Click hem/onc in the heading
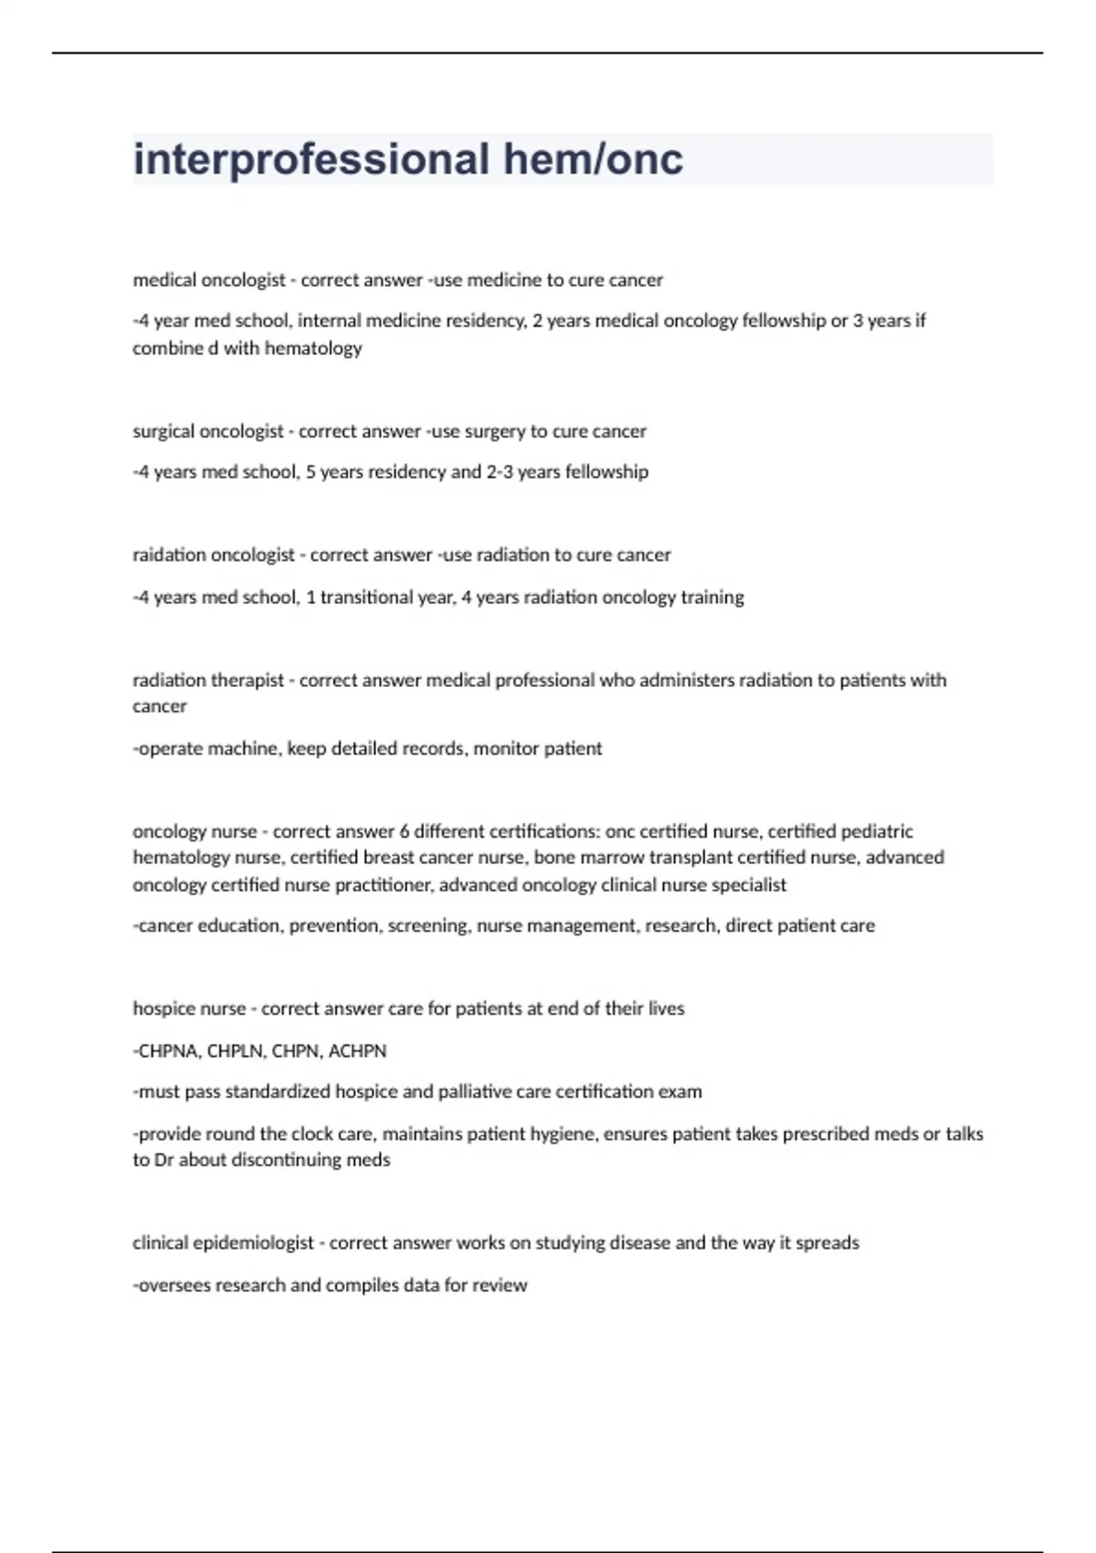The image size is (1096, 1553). (x=593, y=160)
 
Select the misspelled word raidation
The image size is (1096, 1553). (x=169, y=555)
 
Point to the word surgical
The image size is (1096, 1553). (x=162, y=431)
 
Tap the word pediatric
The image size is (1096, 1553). (x=877, y=831)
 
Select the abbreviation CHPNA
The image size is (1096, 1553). (x=167, y=1051)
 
